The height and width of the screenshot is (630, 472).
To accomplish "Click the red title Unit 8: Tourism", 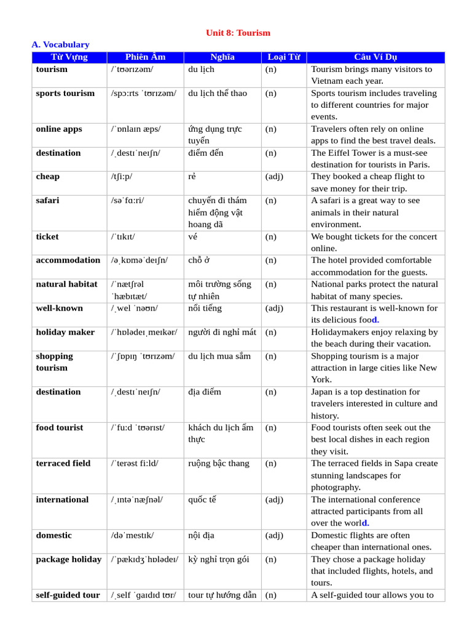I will (x=237, y=33).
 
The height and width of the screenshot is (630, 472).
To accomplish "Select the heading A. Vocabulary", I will (x=60, y=45).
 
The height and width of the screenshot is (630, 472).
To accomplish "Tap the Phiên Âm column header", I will (x=145, y=57).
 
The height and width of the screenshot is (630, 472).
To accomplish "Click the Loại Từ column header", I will (x=283, y=57).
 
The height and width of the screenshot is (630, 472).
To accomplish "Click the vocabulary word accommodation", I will (x=68, y=260).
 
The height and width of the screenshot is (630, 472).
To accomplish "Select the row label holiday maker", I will (x=65, y=332).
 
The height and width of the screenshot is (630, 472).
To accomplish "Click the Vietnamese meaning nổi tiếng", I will (x=205, y=308).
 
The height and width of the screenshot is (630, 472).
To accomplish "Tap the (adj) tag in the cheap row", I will (x=274, y=177).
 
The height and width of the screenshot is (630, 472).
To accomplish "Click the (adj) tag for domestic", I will (x=274, y=535).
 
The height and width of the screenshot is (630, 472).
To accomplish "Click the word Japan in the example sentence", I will (x=323, y=392).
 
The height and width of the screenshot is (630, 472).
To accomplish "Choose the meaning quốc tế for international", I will (x=202, y=500).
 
